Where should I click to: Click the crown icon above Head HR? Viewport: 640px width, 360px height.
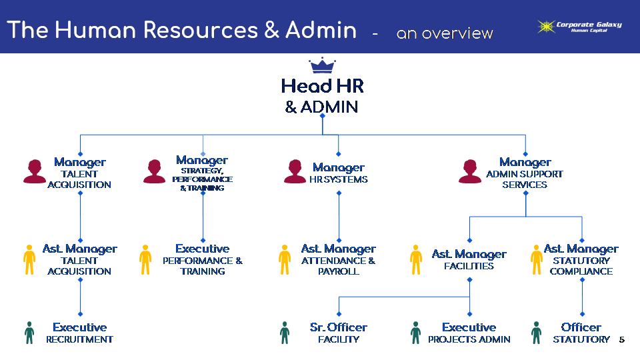point(322,66)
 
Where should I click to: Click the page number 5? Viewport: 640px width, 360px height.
point(621,340)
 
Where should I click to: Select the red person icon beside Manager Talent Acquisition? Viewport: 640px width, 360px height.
point(35,171)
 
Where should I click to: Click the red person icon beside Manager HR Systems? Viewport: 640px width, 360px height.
point(295,171)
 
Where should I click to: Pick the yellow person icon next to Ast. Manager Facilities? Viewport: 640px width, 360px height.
point(416,259)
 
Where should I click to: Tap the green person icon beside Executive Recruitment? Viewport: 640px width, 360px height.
point(29,333)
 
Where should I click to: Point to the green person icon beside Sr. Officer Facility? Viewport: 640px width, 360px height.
point(285,333)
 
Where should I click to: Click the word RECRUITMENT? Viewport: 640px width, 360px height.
point(79,339)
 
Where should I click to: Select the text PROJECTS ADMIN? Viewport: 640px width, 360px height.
point(469,339)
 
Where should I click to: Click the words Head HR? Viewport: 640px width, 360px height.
point(322,86)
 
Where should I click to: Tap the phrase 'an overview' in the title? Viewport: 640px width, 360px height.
point(445,33)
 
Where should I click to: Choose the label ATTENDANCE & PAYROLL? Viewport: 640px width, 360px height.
point(338,266)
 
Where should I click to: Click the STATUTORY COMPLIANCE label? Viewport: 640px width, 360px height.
point(581,266)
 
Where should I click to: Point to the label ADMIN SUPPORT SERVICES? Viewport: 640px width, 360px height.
point(525,179)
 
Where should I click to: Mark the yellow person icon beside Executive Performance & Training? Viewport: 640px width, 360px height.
point(145,259)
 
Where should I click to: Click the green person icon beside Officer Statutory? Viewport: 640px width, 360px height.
point(536,333)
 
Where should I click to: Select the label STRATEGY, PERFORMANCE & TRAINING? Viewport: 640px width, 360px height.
point(202,179)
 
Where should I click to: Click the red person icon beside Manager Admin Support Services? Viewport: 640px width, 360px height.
point(469,171)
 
